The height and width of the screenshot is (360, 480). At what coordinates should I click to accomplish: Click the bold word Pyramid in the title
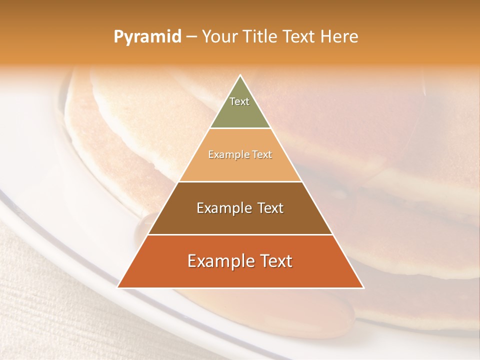pyautogui.click(x=147, y=37)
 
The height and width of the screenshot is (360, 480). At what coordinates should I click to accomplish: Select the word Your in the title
pyautogui.click(x=218, y=36)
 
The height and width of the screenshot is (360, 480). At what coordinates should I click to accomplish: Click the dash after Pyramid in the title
pyautogui.click(x=191, y=37)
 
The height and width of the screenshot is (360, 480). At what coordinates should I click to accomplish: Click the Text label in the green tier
pyautogui.click(x=239, y=101)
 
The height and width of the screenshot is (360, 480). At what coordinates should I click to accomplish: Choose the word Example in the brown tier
pyautogui.click(x=222, y=208)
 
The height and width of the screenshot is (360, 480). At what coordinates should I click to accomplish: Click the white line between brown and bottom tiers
pyautogui.click(x=240, y=234)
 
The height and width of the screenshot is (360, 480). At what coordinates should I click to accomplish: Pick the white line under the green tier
pyautogui.click(x=240, y=128)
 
